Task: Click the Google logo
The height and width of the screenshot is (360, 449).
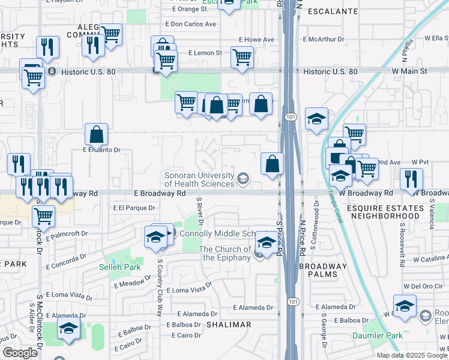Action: pyautogui.click(x=20, y=353)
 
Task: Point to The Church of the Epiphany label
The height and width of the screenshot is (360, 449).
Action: pyautogui.click(x=225, y=253)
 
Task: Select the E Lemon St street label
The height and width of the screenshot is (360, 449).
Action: pyautogui.click(x=205, y=53)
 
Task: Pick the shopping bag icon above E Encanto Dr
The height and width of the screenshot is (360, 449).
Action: pyautogui.click(x=96, y=135)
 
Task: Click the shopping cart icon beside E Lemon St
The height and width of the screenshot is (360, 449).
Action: pyautogui.click(x=242, y=58)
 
